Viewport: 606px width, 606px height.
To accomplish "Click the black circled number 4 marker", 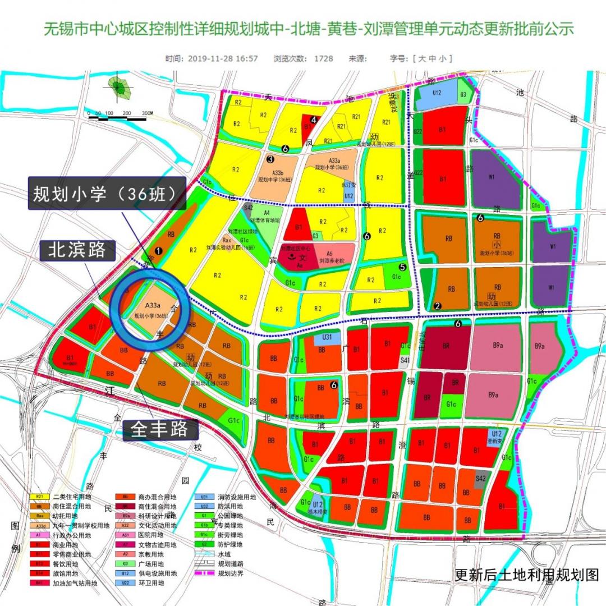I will (314, 120).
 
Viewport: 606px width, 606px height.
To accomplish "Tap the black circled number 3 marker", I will (270, 159).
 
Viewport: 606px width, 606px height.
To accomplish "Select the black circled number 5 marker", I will (402, 267).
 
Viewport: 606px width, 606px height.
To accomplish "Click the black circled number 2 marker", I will (437, 306).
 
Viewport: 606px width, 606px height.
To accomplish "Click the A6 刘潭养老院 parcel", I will (334, 257).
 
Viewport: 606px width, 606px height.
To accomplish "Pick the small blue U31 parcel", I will (327, 337).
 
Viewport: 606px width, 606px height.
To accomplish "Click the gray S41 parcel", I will (405, 360).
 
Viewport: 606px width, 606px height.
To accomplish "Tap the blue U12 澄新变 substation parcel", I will (494, 437).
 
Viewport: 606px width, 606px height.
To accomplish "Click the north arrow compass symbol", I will (118, 88).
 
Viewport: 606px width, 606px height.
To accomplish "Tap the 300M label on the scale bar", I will (147, 113).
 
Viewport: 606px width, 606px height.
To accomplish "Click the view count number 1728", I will (323, 58).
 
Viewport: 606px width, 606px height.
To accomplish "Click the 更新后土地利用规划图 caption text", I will (526, 575).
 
